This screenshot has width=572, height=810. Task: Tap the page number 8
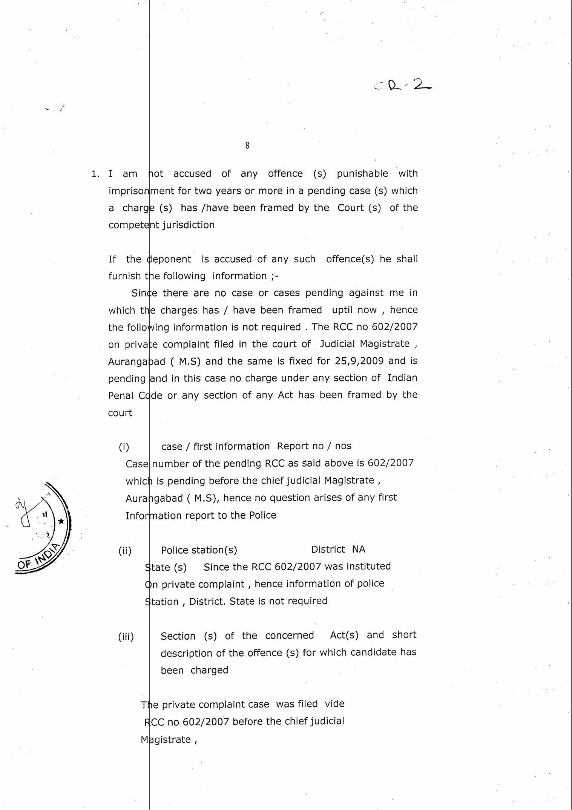pos(247,145)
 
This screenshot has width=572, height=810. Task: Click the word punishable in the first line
pos(362,173)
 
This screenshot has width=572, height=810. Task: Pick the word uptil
pos(342,310)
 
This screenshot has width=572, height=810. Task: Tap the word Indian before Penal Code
pos(402,378)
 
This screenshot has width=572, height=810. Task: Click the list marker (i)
pos(124,447)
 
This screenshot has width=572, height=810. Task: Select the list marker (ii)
pos(125,551)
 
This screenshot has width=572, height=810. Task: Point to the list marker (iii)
pos(126,637)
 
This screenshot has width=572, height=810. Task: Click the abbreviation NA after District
pos(359,550)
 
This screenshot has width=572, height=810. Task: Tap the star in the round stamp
pos(61,522)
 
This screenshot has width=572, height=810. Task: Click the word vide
pos(334,704)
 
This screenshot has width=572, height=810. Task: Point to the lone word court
pos(120,413)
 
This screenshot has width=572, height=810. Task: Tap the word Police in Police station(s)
pos(175,550)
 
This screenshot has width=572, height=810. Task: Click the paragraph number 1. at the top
pos(95,174)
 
